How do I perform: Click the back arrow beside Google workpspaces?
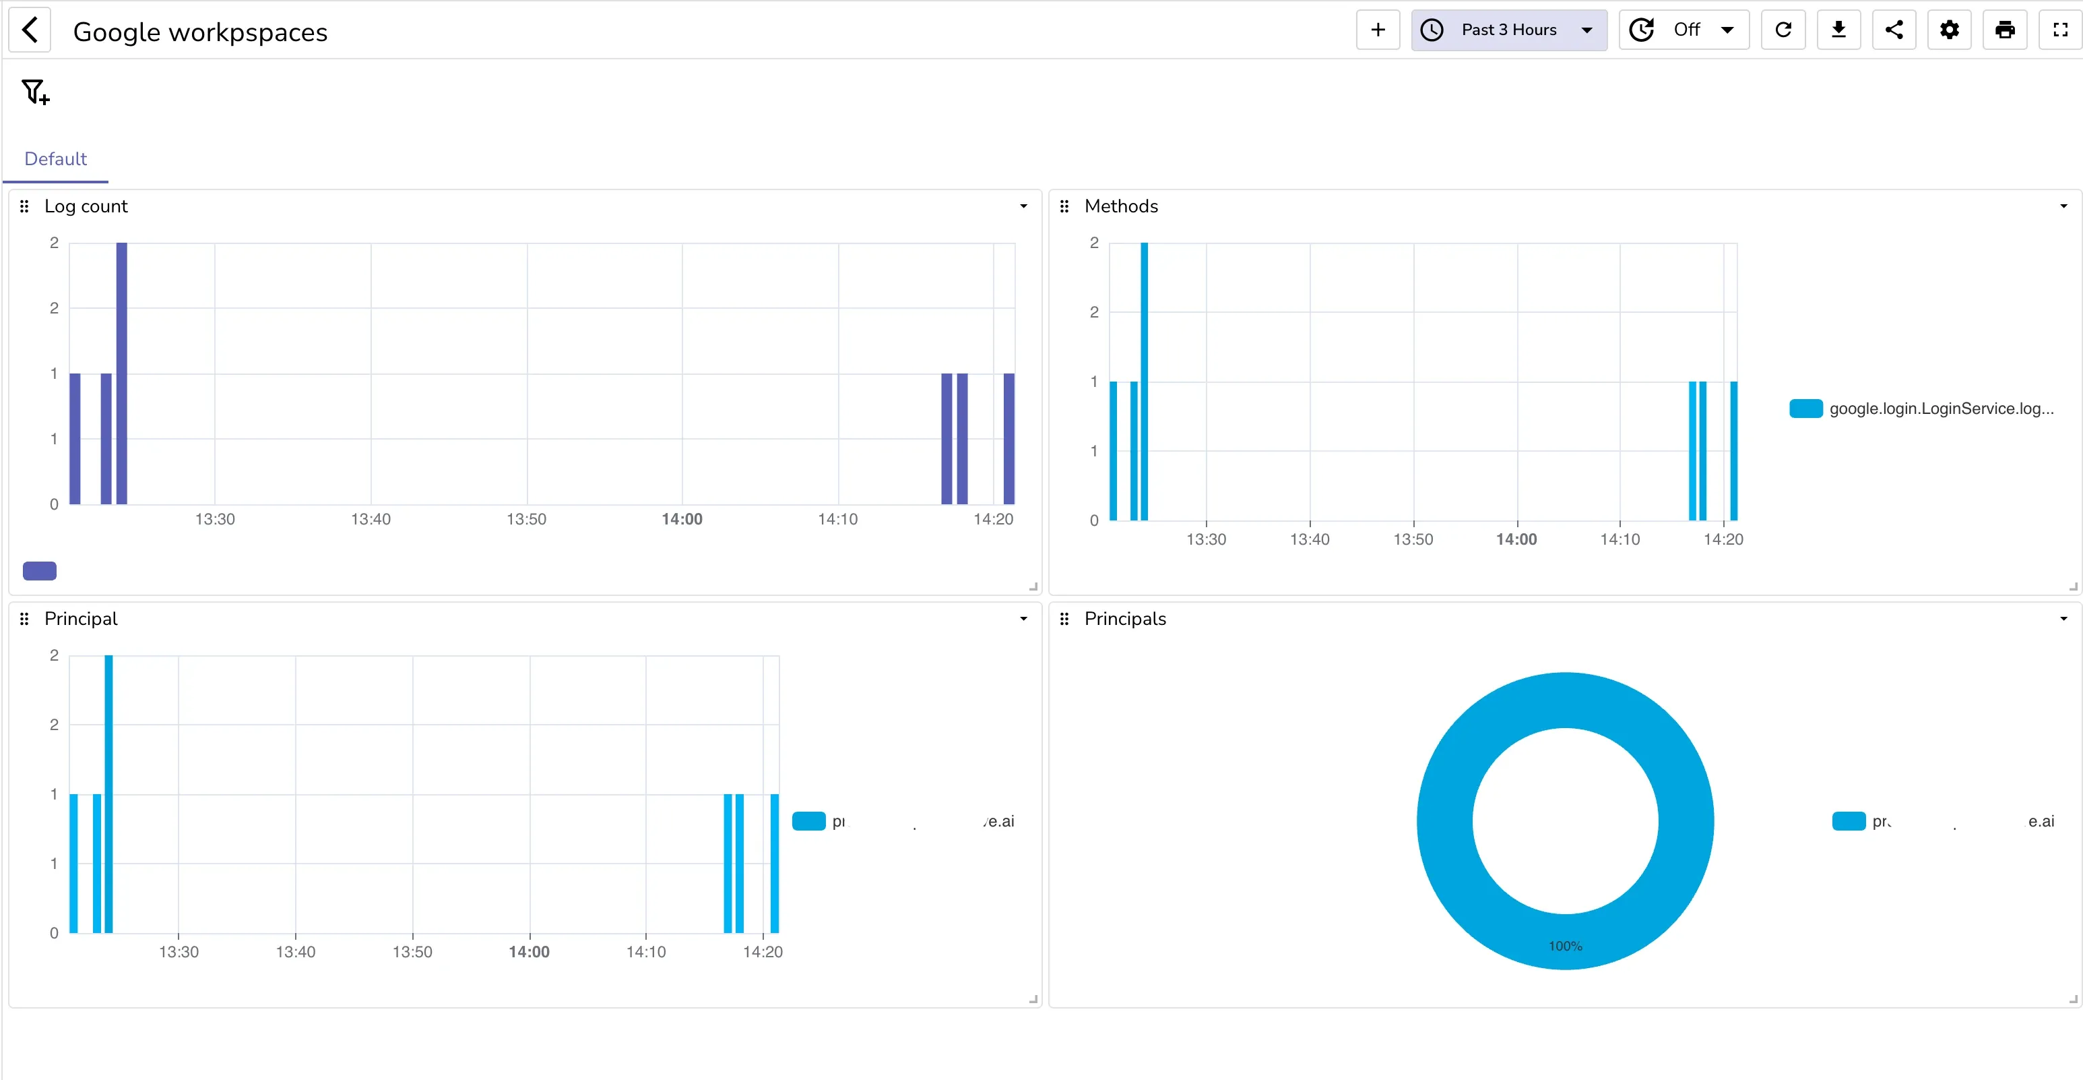30,31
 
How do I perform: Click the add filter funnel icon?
36,92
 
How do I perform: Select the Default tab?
55,158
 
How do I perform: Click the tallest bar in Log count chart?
121,372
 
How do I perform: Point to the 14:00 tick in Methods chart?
1516,539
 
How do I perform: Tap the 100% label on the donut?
1565,946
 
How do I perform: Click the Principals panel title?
1125,619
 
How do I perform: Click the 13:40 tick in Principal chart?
295,951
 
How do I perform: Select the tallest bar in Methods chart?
1144,380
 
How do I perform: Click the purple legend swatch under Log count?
40,571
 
